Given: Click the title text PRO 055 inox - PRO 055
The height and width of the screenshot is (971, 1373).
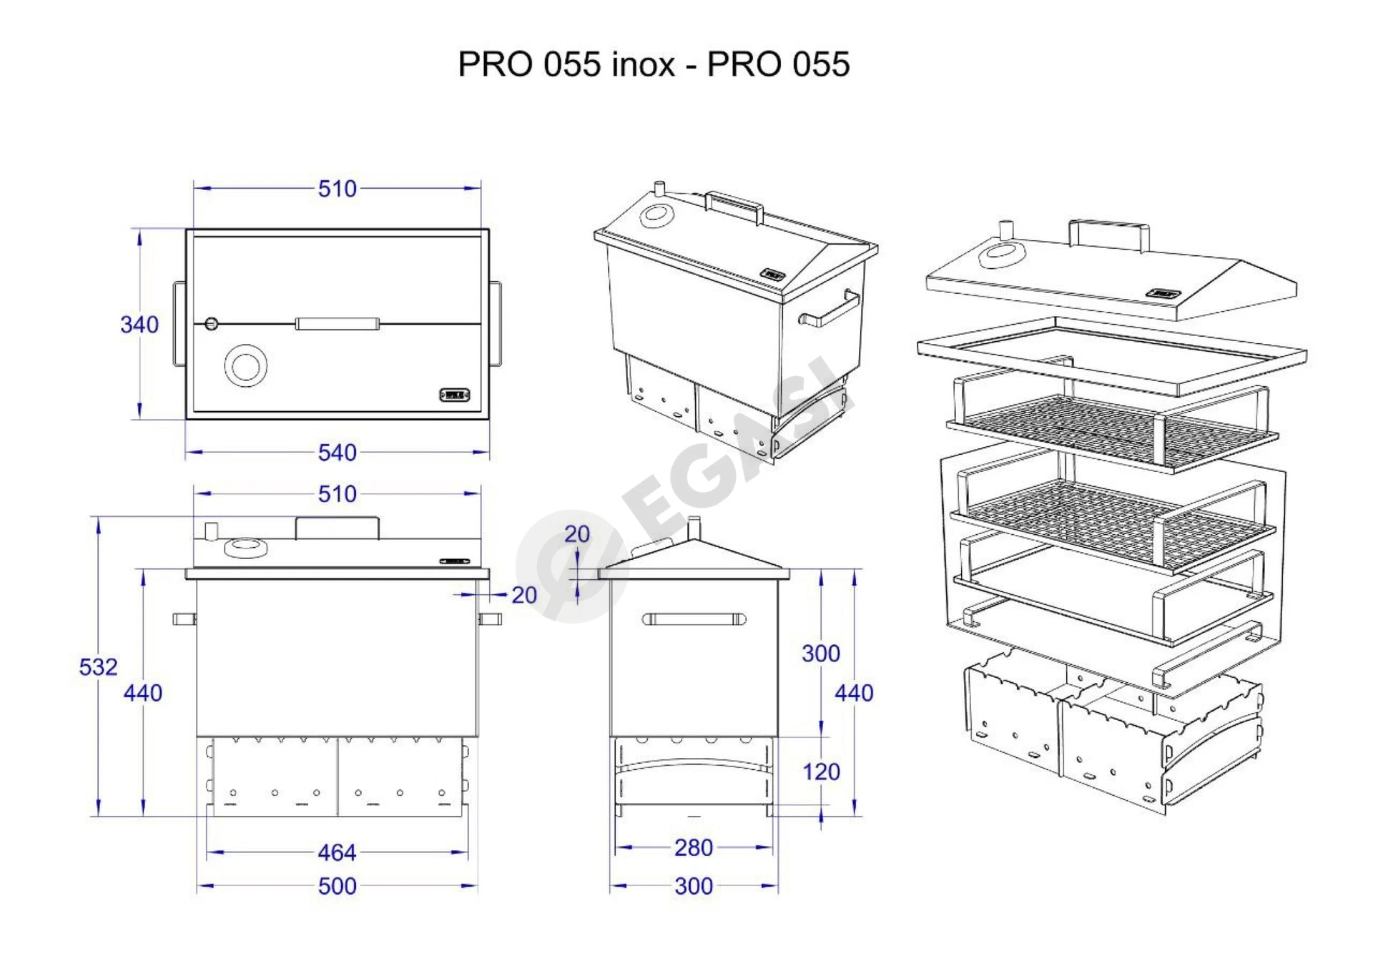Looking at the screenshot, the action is [x=654, y=64].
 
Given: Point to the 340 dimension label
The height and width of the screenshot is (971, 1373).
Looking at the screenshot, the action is [x=139, y=325].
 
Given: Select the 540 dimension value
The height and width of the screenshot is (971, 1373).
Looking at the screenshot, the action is [x=337, y=453].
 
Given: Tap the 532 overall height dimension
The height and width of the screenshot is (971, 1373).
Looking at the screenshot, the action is [x=98, y=666].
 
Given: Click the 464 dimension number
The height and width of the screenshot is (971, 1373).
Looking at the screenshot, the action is [x=337, y=852].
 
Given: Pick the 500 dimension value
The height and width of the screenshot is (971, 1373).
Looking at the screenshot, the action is [x=337, y=886].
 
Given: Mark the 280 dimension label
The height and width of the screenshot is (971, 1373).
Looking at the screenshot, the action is [x=694, y=847].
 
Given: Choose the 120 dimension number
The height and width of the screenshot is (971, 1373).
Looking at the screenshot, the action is [x=821, y=772].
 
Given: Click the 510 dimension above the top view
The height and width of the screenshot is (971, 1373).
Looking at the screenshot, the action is [x=337, y=189].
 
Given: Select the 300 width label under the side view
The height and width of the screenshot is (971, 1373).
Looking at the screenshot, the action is [x=694, y=886].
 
